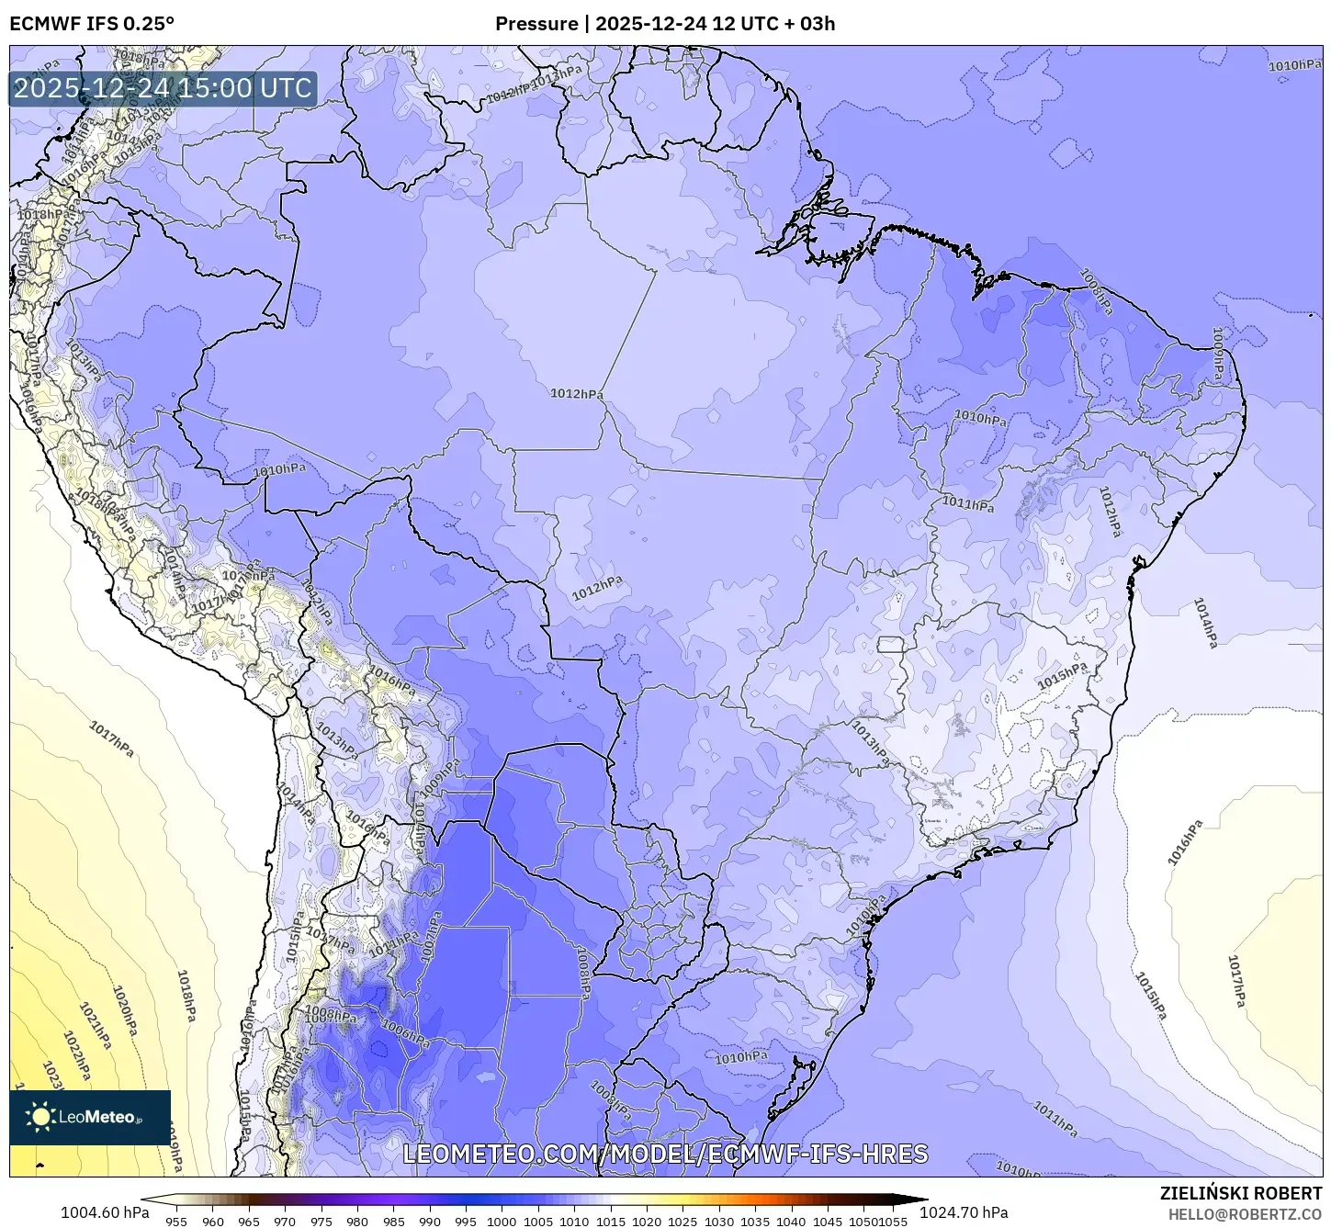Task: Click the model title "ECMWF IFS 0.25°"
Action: coord(91,23)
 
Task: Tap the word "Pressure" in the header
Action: coord(536,23)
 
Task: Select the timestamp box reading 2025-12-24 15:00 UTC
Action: coord(163,88)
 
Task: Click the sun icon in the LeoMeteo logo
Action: coord(40,1116)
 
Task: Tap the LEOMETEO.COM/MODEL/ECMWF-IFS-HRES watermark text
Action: coord(665,1154)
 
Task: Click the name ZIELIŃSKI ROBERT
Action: coord(1240,1193)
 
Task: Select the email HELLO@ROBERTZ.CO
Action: coord(1245,1214)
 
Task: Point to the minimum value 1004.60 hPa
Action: coord(104,1211)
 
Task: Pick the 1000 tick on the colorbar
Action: coord(502,1221)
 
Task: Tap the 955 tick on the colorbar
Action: coord(176,1221)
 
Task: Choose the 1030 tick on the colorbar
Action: coord(718,1221)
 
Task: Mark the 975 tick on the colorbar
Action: coord(321,1221)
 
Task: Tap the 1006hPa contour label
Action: coord(405,1034)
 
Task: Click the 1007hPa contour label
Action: coord(429,937)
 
